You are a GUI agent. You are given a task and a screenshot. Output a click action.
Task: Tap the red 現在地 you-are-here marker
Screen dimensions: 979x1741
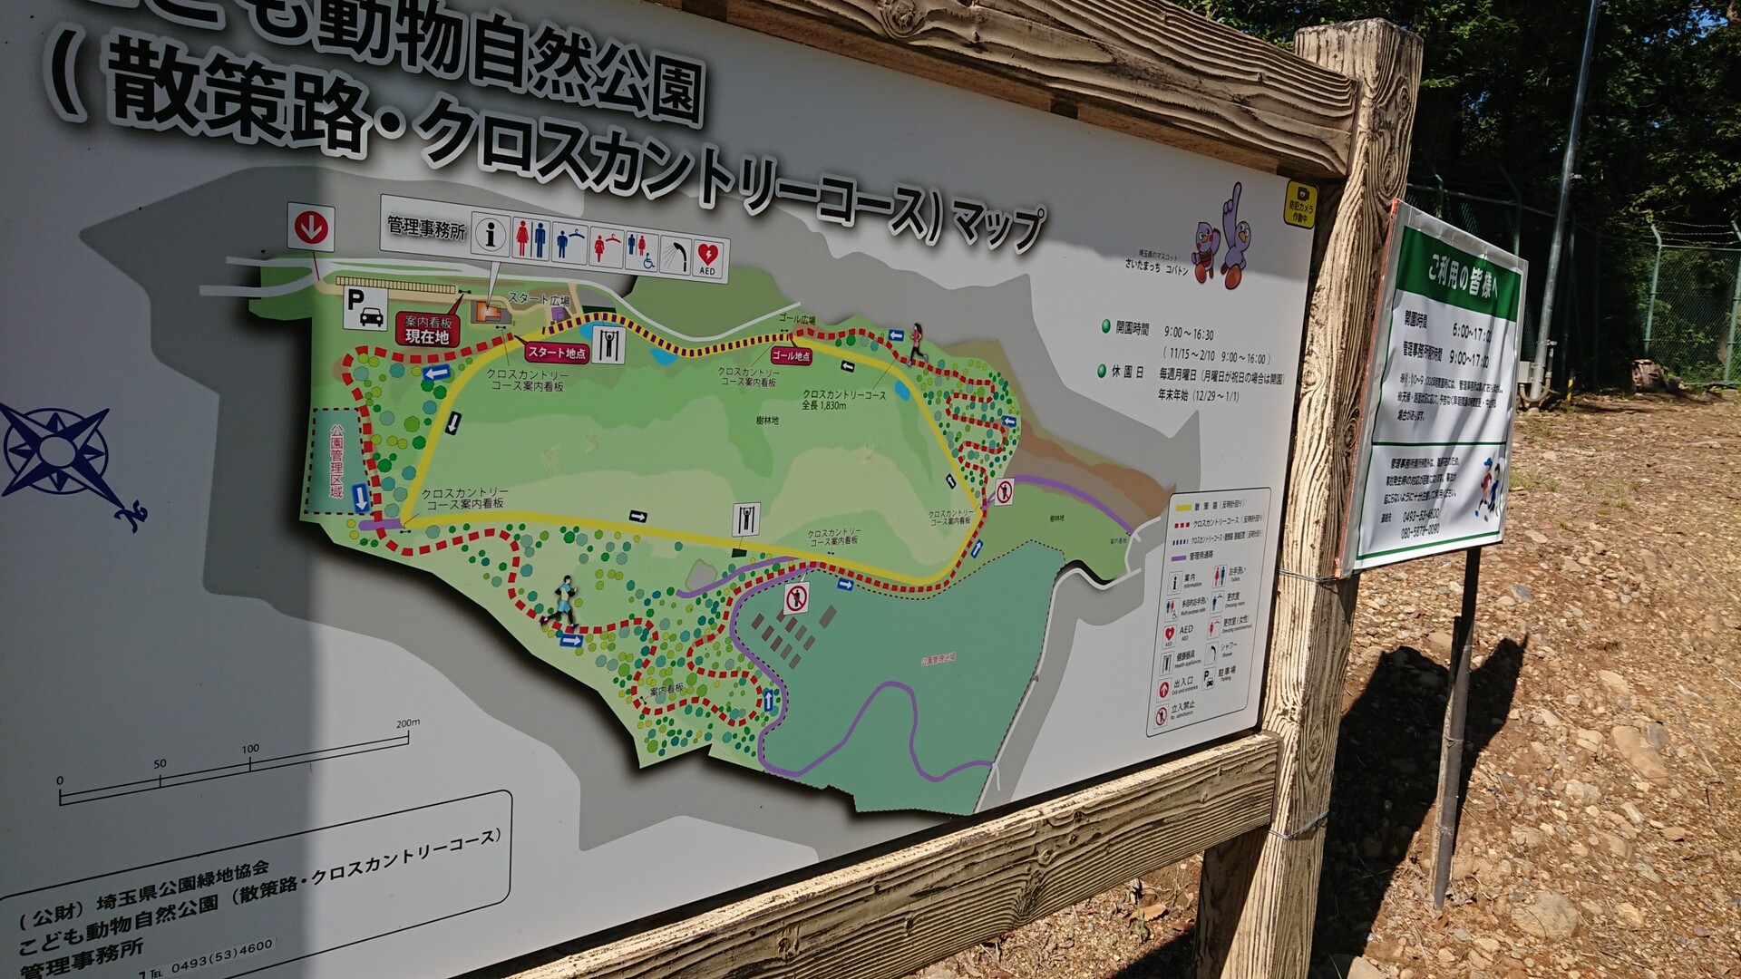(427, 336)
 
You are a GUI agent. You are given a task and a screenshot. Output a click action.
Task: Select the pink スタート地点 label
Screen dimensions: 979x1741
(557, 353)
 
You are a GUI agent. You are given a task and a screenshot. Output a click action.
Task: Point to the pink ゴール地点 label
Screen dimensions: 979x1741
(792, 356)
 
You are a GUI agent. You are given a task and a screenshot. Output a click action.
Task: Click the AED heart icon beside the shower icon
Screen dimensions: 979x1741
(707, 258)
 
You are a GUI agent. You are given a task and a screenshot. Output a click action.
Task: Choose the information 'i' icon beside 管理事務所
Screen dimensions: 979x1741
(491, 235)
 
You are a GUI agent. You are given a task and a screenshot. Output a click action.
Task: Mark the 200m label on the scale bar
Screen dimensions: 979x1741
(408, 722)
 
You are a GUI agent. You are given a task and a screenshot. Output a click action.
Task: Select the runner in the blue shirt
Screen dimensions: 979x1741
(563, 599)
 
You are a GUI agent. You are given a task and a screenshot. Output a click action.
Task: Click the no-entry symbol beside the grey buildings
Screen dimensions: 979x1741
(796, 598)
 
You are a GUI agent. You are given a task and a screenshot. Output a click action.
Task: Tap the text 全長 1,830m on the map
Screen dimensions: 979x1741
(823, 405)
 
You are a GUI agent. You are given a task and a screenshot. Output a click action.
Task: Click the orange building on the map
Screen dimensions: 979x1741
(491, 314)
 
